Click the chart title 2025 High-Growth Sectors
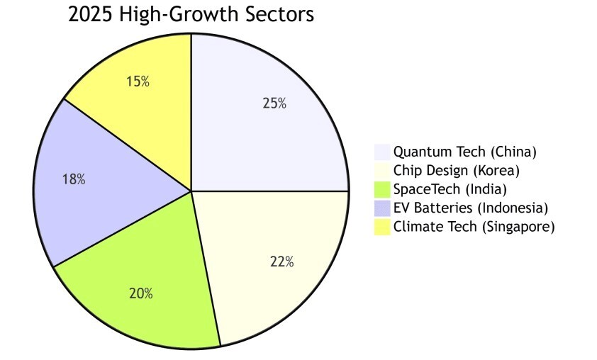point(191,14)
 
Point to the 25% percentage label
point(274,103)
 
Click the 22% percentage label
point(281,261)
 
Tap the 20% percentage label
point(140,293)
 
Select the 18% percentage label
point(74,180)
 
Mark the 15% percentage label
point(138,81)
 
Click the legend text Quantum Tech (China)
point(465,152)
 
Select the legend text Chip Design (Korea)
point(457,171)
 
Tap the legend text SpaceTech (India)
point(450,189)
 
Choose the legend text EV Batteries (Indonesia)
point(471,208)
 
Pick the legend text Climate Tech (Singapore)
point(474,227)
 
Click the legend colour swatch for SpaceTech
point(382,189)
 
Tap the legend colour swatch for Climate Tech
point(382,227)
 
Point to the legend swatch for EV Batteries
point(382,208)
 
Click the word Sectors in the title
point(277,14)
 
